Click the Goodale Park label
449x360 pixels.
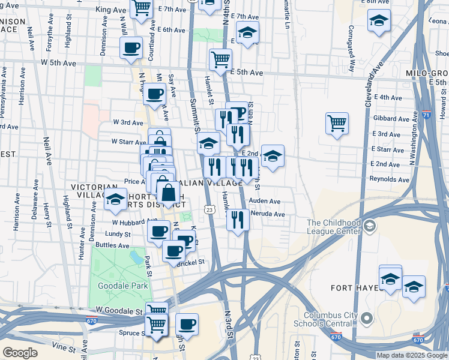coord(124,286)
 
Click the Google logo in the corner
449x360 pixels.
coord(20,353)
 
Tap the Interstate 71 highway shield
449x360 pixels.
coord(425,114)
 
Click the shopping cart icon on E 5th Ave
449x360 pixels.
coord(220,60)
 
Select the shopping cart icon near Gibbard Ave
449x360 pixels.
coord(337,124)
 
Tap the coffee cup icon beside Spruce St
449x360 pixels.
coord(187,324)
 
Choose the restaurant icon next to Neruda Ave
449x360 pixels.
coord(238,220)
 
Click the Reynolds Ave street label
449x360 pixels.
coord(389,179)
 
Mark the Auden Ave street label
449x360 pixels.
coord(265,202)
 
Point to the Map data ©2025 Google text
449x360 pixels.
coord(412,355)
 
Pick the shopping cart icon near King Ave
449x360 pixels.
coord(142,8)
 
